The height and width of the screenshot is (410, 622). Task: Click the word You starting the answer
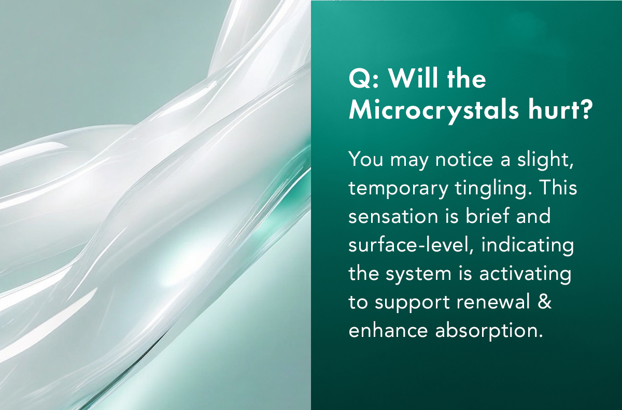pyautogui.click(x=365, y=159)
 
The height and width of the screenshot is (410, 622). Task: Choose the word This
pyautogui.click(x=558, y=188)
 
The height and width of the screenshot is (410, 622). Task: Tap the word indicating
pyautogui.click(x=527, y=245)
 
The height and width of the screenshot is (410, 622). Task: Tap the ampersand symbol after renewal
pyautogui.click(x=545, y=302)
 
